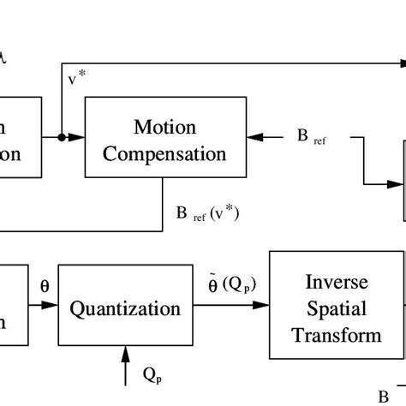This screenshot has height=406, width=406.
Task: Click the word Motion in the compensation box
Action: [x=164, y=128]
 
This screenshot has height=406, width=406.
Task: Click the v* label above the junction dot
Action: [x=75, y=79]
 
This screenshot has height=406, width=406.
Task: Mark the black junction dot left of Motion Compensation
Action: [x=63, y=137]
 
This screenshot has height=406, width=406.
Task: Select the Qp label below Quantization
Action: [x=152, y=374]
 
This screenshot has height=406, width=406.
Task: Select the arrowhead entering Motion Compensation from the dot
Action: [x=79, y=137]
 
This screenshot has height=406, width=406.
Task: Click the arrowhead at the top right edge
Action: [x=400, y=64]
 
